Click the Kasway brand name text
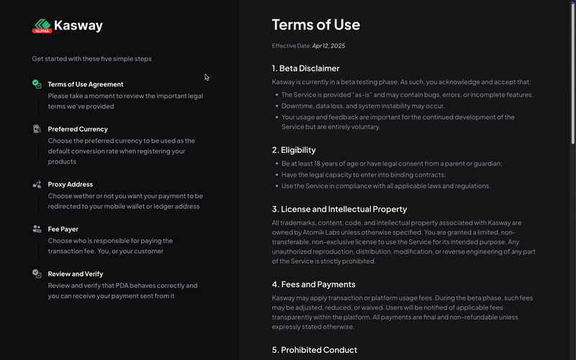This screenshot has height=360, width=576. [x=78, y=26]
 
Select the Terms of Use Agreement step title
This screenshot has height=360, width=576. [x=86, y=84]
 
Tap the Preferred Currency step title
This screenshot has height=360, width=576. [x=78, y=129]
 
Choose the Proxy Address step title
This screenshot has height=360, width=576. [x=71, y=184]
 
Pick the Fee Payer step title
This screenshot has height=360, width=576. [x=63, y=229]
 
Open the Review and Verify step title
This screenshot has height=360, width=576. [x=76, y=274]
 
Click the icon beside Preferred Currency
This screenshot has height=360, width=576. [x=37, y=129]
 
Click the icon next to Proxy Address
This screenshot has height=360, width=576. [x=37, y=184]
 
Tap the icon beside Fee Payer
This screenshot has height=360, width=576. [x=37, y=229]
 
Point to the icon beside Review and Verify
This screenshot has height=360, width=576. [x=37, y=274]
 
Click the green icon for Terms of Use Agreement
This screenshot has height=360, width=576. [x=37, y=84]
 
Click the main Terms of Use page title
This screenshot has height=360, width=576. [x=315, y=24]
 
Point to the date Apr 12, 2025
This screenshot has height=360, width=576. [x=328, y=46]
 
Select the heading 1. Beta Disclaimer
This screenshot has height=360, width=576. [x=305, y=68]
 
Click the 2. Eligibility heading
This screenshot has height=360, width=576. [x=294, y=150]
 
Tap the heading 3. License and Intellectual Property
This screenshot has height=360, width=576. [x=339, y=209]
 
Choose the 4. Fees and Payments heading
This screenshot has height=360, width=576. [x=313, y=284]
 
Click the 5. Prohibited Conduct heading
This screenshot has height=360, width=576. [x=315, y=350]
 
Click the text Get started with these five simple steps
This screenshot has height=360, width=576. [x=92, y=59]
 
